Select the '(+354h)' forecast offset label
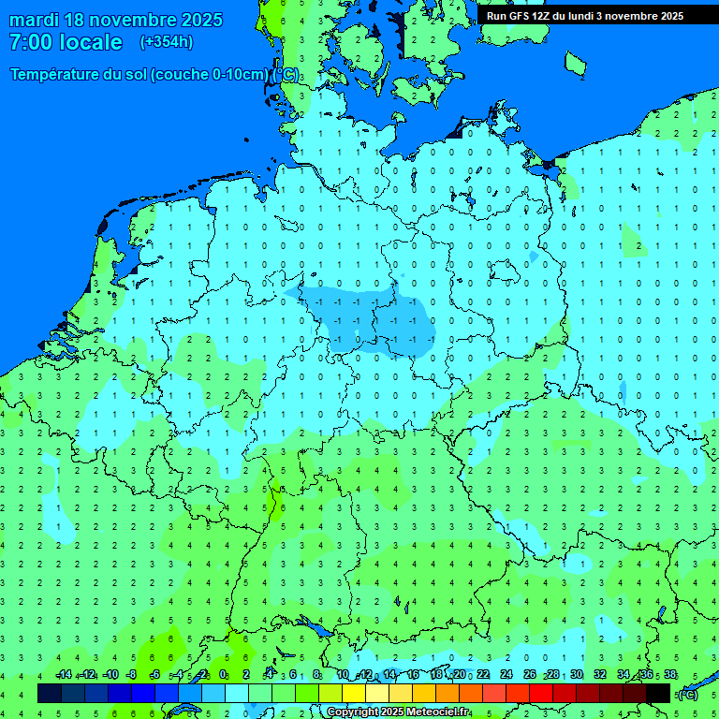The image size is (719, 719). tap(166, 42)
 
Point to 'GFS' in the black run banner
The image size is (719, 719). tap(519, 16)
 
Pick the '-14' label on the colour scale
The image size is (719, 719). tap(63, 675)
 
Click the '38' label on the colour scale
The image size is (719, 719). tap(670, 675)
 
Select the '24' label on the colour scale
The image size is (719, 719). tap(506, 675)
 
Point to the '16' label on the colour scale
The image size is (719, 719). tap(413, 675)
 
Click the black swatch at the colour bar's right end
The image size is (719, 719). tap(658, 693)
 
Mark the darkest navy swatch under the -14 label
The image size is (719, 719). tap(50, 693)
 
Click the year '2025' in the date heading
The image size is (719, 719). tap(200, 20)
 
